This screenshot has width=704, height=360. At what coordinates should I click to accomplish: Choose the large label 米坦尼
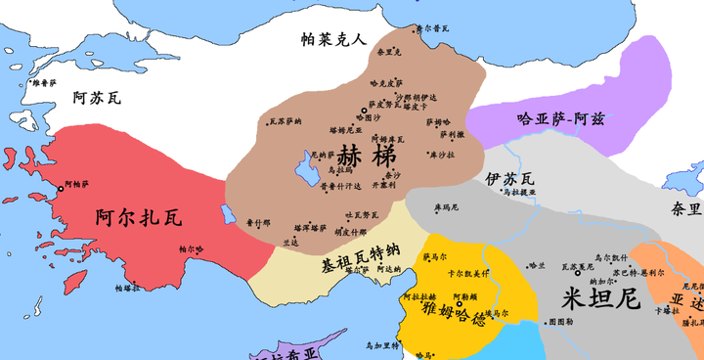606,295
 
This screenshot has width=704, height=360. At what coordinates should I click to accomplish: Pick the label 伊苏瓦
509,178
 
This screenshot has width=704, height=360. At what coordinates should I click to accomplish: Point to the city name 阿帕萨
77,184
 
